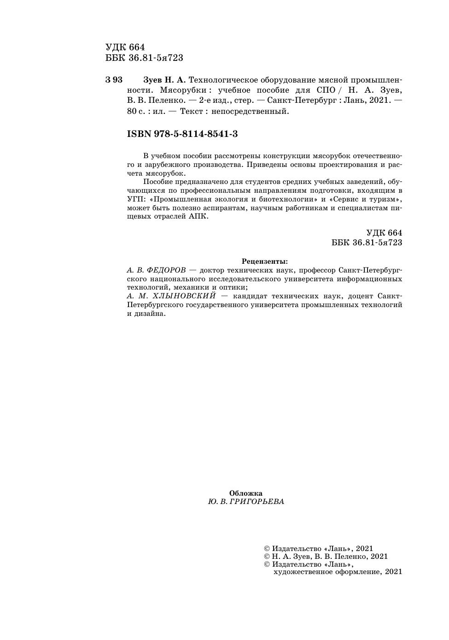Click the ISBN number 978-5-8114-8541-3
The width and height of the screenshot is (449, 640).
182,134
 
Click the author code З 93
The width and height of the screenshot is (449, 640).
114,80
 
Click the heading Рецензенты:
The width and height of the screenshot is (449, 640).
264,261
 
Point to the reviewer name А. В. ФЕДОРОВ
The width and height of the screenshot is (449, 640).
156,270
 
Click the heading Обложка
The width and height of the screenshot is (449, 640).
246,493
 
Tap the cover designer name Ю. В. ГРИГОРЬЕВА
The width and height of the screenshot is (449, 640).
246,502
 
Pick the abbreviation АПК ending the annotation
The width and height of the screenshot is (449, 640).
198,216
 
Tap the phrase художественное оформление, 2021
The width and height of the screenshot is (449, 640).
338,572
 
